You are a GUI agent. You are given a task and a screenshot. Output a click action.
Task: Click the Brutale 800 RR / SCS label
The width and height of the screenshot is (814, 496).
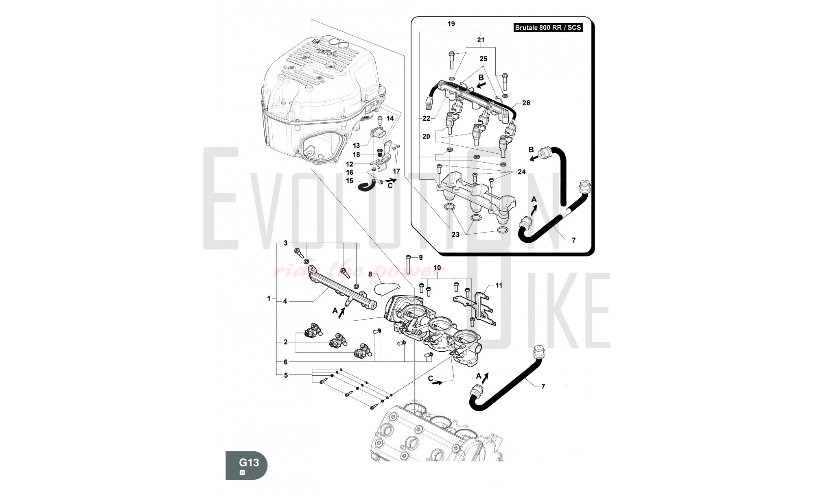pos(548,28)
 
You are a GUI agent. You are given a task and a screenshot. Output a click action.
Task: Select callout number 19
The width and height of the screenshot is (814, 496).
pos(451,24)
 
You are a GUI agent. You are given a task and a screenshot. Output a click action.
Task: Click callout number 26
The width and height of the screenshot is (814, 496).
pos(526,103)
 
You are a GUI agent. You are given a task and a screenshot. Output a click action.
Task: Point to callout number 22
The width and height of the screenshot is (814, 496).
pos(426,119)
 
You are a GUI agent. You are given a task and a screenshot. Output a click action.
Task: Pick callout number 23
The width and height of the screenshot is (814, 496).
pos(455,235)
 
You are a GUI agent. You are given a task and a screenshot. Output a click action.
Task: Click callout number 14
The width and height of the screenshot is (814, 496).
pos(390,118)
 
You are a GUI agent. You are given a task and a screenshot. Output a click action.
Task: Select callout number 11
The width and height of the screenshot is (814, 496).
pos(499,285)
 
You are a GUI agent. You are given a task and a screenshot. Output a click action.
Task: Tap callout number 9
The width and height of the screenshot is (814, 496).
pos(421,257)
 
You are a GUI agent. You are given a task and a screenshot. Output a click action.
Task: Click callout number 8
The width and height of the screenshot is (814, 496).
pos(370,274)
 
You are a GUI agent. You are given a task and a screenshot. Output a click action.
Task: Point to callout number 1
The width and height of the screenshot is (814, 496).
pos(269,298)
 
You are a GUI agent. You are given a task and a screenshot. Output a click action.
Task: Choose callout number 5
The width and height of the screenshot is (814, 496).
pos(286,375)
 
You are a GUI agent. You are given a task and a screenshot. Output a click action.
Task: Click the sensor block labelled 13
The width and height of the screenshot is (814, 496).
pos(93,134)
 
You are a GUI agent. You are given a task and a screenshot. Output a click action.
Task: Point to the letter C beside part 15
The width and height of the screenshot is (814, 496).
pos(390,186)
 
